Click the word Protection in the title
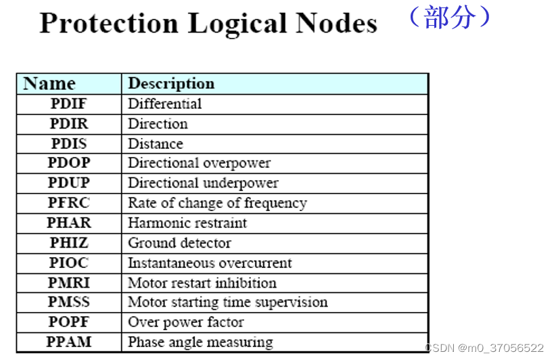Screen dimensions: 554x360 [109, 24]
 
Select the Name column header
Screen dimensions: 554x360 [49, 84]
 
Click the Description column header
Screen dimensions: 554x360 [171, 84]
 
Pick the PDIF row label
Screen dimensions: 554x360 [69, 104]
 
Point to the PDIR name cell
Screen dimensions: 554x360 [69, 124]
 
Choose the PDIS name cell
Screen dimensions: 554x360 [69, 143]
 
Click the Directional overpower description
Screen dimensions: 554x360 [199, 163]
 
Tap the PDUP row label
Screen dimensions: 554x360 [69, 183]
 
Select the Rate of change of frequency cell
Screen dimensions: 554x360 [217, 203]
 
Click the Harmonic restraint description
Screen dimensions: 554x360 [187, 223]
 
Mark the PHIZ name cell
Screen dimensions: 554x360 [69, 242]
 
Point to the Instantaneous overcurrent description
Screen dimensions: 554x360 [210, 263]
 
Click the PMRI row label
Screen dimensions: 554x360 [69, 282]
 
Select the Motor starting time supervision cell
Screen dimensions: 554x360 [227, 302]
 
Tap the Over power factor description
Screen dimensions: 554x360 [185, 322]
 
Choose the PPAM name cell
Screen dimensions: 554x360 [69, 342]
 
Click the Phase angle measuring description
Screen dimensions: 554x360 [200, 342]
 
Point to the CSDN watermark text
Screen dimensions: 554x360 [484, 348]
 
